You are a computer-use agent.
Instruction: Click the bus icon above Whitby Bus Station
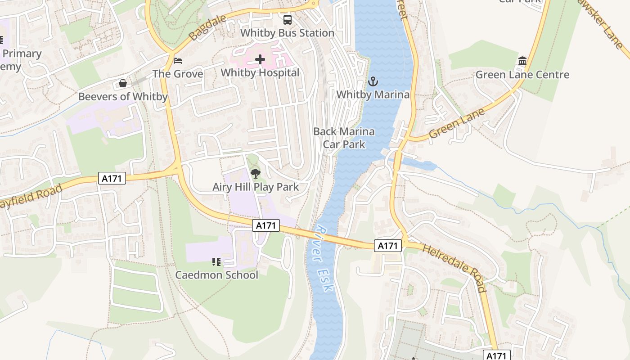coord(287,20)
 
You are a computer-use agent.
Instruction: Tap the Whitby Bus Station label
coord(287,33)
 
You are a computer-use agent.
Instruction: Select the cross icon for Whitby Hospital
coord(260,59)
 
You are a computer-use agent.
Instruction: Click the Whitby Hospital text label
coord(260,72)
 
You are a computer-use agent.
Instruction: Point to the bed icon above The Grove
coord(178,60)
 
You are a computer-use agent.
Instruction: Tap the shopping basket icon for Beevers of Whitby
coord(122,83)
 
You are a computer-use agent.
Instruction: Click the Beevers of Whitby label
coord(122,96)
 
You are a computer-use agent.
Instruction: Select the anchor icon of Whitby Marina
coord(373,81)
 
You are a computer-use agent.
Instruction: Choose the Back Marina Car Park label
coord(344,138)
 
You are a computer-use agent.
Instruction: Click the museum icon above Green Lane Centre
coord(522,61)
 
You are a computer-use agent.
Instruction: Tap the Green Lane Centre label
coord(522,75)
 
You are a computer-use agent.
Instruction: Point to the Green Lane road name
coord(457,123)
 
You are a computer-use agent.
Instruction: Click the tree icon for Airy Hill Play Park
coord(256,173)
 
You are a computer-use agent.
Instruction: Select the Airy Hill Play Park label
coord(256,187)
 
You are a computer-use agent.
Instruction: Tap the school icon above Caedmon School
coord(216,261)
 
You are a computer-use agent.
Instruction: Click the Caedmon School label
coord(216,274)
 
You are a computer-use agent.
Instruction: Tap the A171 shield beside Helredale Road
coord(387,246)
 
